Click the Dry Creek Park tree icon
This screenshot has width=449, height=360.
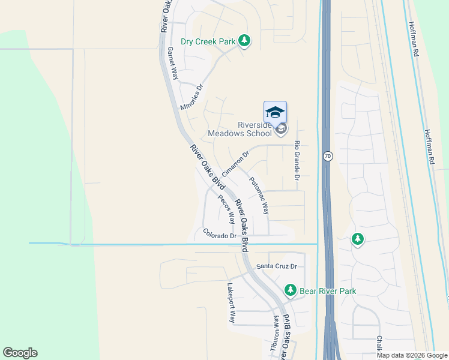[244, 41]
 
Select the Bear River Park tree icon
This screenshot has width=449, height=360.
[291, 290]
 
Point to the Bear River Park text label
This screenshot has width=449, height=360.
[328, 291]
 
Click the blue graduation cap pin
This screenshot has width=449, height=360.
[275, 113]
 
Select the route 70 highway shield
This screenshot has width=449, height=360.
[327, 156]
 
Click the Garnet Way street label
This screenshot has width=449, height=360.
[173, 64]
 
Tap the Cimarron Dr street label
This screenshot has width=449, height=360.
[235, 164]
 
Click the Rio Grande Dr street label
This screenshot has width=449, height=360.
[297, 161]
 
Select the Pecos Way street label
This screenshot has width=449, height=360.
[226, 209]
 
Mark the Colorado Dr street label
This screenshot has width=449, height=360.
[220, 235]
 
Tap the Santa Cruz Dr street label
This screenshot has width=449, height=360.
[277, 266]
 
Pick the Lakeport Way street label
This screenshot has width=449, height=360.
[231, 303]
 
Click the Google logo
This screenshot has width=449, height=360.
[20, 353]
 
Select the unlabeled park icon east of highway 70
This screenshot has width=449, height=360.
[357, 239]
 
